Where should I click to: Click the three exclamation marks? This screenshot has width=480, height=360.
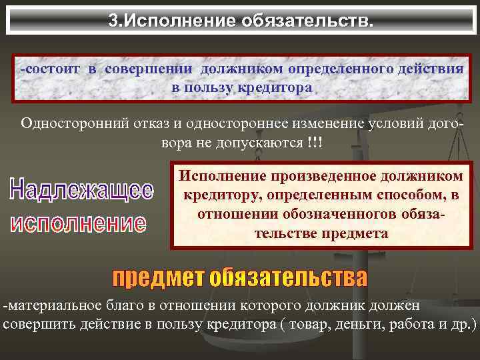[311, 144]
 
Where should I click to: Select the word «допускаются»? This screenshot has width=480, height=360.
[262, 144]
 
